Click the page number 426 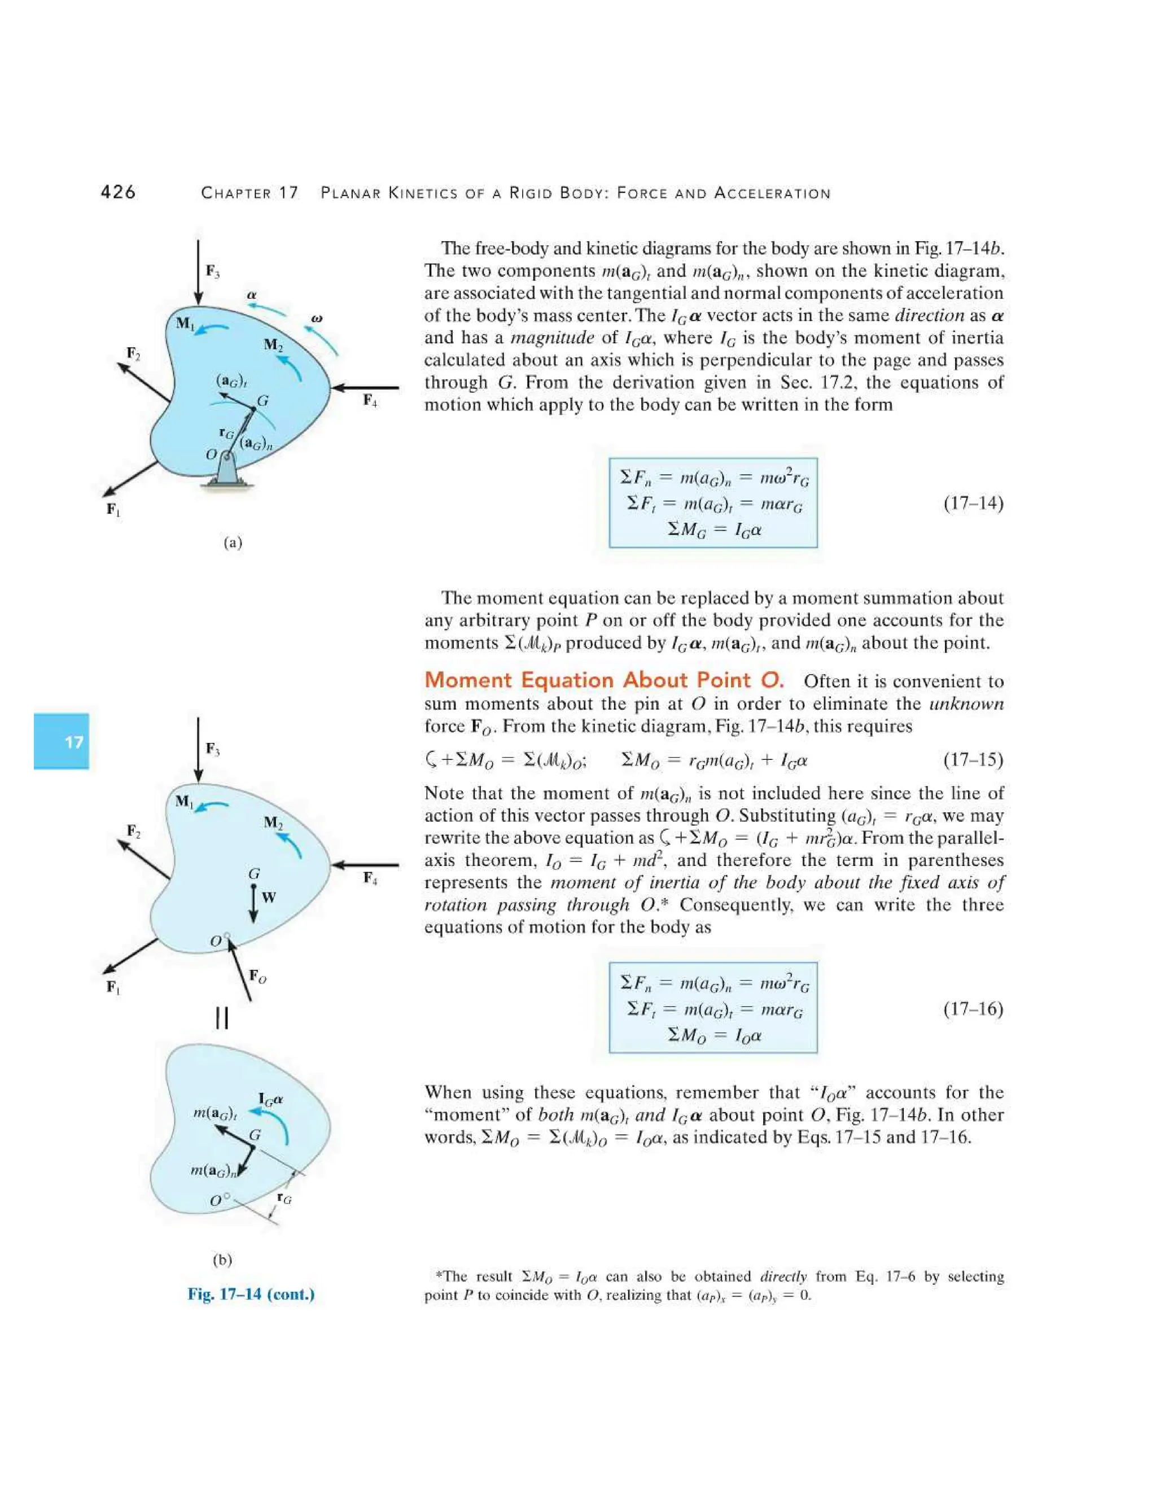118,193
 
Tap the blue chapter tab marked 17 62,741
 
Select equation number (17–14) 973,504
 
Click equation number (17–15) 973,760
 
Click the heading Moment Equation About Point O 603,680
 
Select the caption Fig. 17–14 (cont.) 251,1294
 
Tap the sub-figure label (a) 233,543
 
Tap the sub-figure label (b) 222,1259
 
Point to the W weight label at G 269,898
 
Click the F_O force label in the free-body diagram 257,976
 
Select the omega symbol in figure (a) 317,318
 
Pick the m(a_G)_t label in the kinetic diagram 214,1113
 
